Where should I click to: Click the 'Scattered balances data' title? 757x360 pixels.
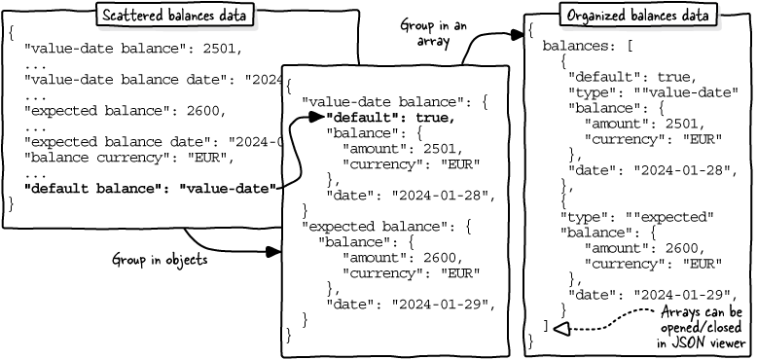(174, 15)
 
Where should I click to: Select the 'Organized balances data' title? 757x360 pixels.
(638, 16)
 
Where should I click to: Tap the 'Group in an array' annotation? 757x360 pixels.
(433, 33)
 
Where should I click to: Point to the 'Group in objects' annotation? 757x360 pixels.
(160, 260)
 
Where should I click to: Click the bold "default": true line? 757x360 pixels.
(390, 118)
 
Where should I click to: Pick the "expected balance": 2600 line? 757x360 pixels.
(126, 111)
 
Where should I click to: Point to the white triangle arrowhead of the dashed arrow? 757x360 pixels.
(562, 329)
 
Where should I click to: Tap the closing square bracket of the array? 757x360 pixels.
(546, 326)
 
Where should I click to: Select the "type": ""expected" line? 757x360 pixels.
(636, 217)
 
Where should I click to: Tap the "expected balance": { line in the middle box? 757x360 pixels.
(385, 227)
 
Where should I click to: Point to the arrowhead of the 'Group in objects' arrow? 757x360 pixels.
(273, 251)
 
